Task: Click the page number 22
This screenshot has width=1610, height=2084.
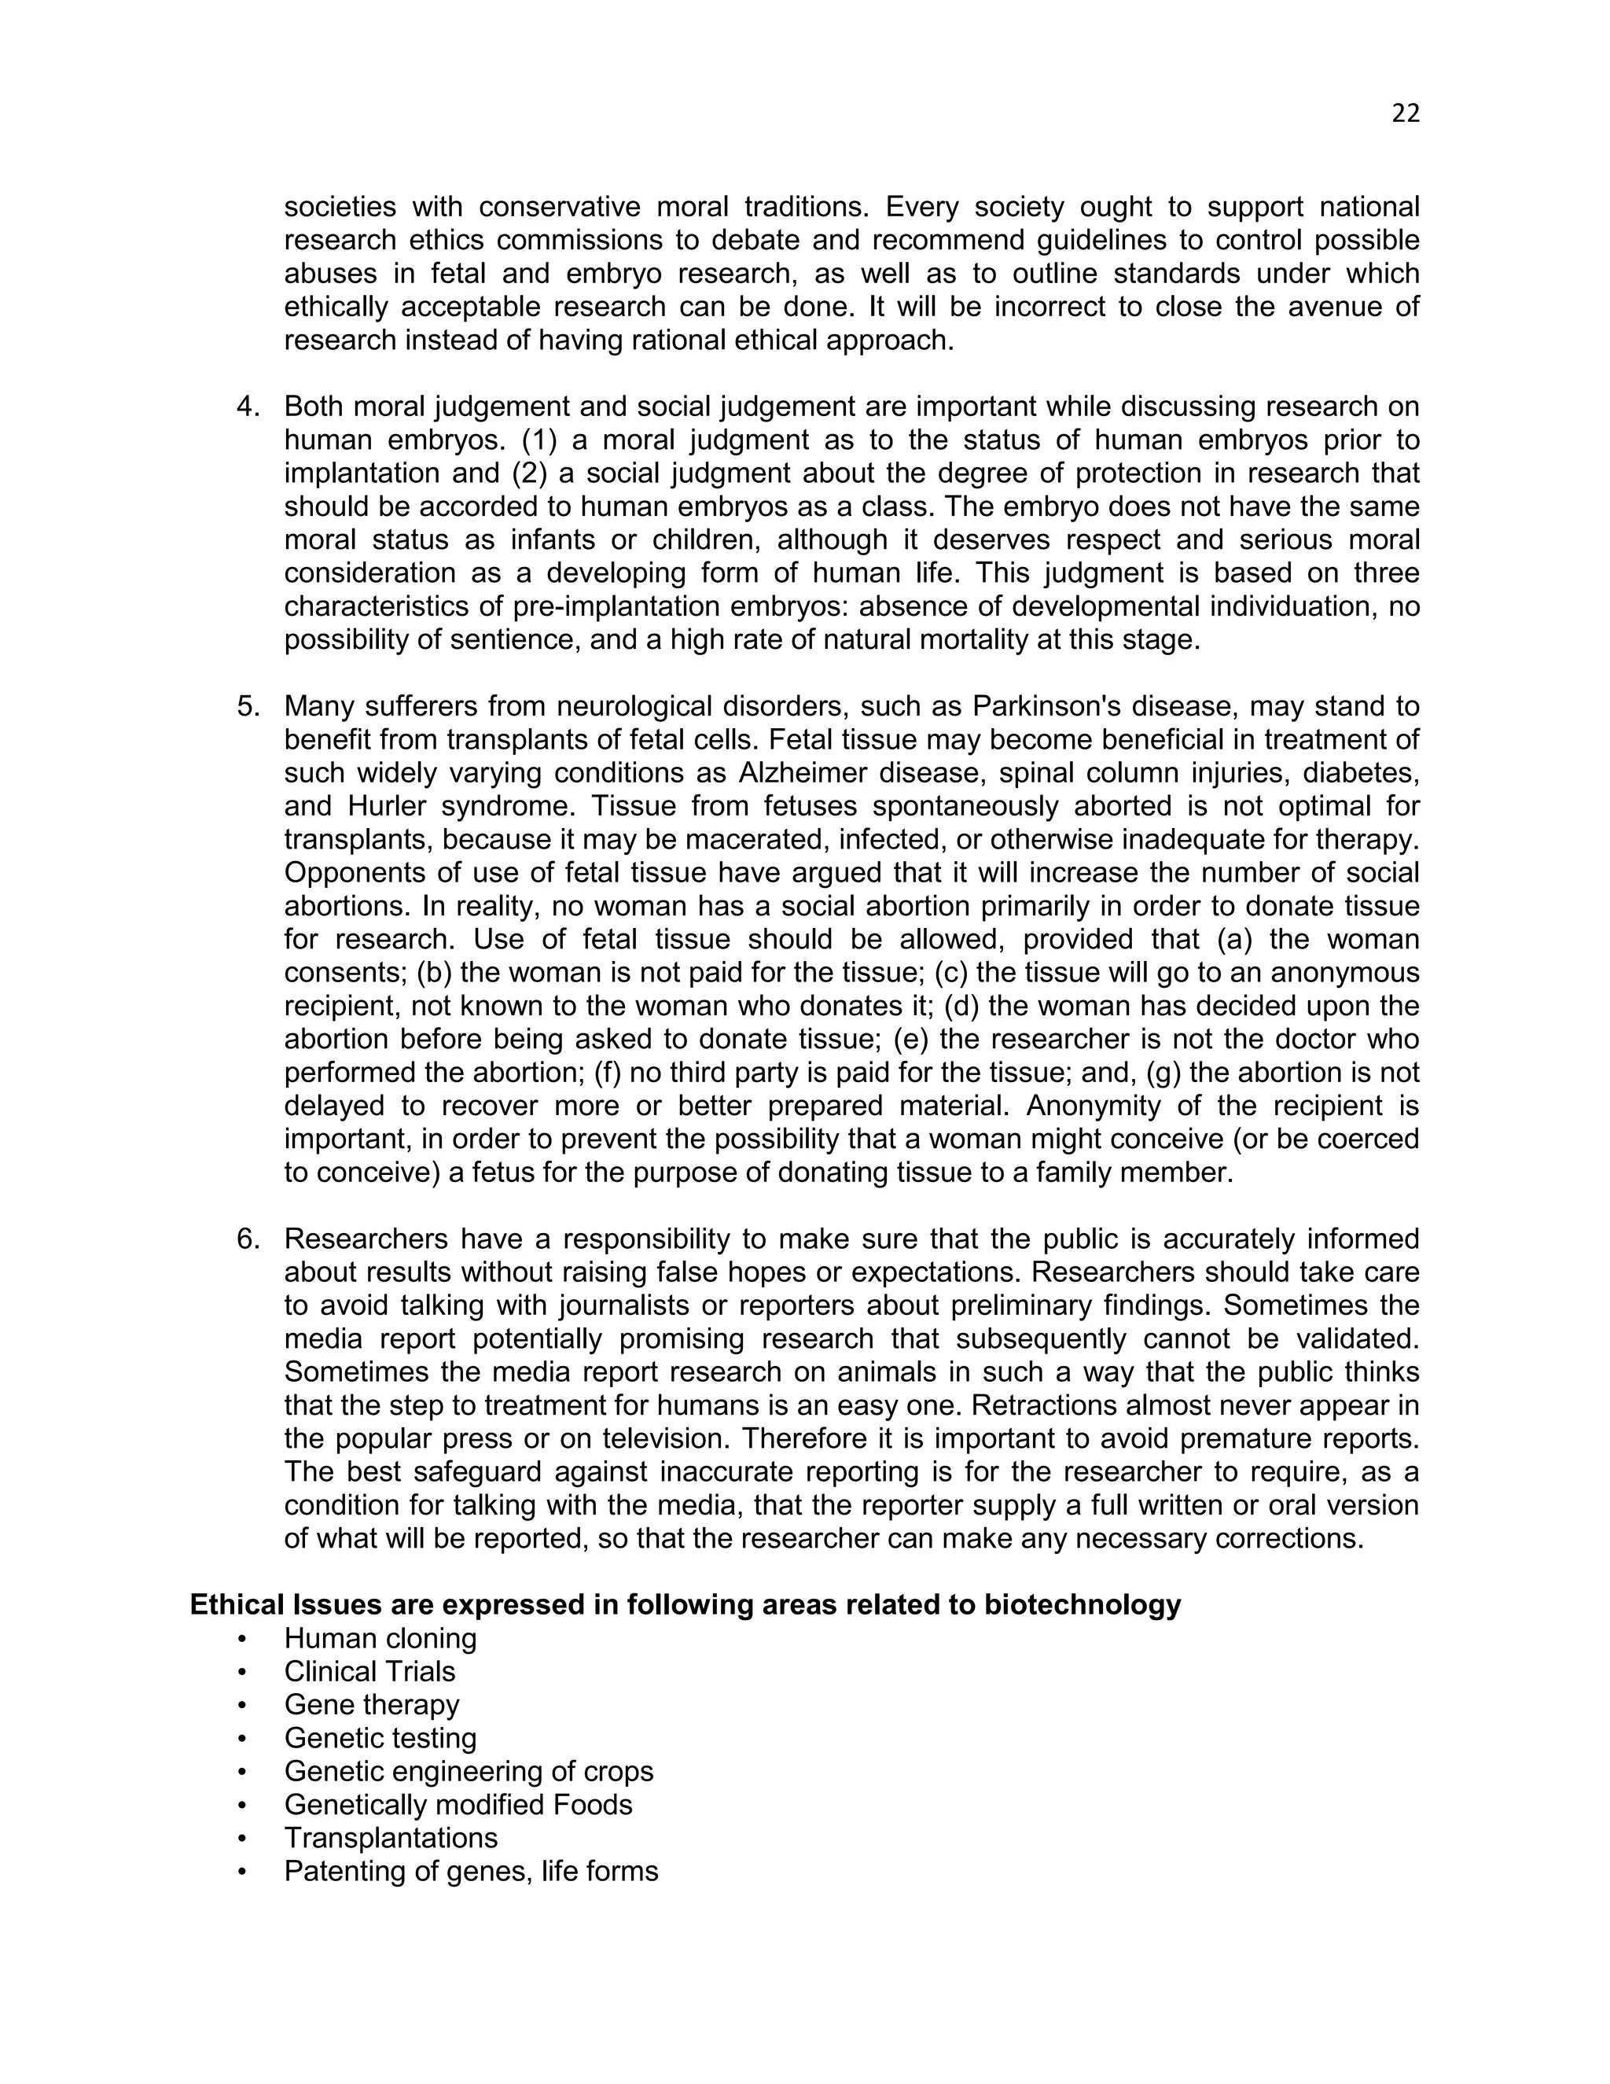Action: tap(1405, 113)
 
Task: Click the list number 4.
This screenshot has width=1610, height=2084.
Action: tap(247, 407)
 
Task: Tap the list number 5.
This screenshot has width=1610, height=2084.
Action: tap(247, 706)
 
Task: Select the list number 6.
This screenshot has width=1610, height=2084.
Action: tap(247, 1239)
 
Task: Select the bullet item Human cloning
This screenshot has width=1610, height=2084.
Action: tap(380, 1638)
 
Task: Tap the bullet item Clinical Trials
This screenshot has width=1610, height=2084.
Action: tap(369, 1672)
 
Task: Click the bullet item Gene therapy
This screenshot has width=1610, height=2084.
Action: tap(371, 1705)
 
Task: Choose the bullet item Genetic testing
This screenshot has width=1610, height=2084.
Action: tap(380, 1739)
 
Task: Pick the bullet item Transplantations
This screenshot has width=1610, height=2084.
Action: tap(390, 1838)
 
